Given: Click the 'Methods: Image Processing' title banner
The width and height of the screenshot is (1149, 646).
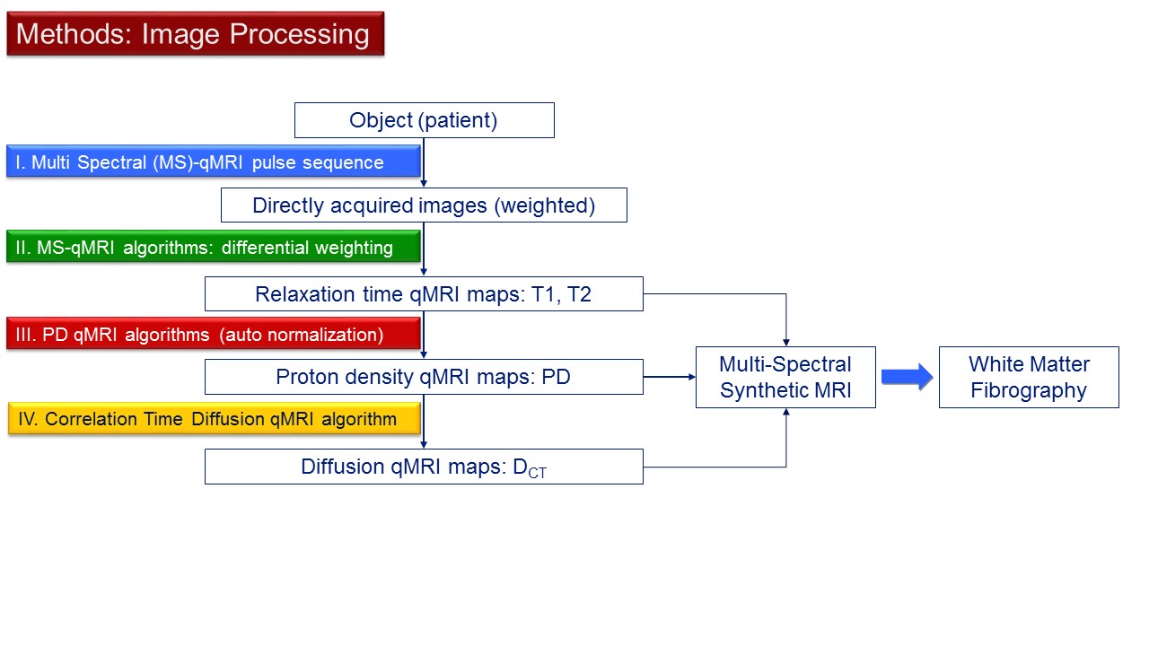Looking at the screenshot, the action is point(196,34).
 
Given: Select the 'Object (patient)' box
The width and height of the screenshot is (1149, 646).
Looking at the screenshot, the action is point(425,120).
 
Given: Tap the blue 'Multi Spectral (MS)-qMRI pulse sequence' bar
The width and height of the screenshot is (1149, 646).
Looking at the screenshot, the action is point(214,161).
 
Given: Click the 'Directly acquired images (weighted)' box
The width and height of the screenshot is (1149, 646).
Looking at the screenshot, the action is point(424,205).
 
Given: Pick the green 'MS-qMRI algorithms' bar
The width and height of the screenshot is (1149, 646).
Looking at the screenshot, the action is point(214,247).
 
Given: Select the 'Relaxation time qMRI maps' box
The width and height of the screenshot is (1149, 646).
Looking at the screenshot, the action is point(424,293).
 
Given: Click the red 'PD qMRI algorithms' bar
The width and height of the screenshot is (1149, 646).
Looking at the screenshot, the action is point(214,334).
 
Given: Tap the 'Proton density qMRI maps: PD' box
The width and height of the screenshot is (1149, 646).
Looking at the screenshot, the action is point(424,377).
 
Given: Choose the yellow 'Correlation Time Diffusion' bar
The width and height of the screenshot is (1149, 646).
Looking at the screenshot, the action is point(215,418).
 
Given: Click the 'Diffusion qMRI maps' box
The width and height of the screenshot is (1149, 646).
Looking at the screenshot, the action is point(424,467).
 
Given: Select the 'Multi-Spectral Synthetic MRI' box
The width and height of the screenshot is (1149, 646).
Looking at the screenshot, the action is point(785,378).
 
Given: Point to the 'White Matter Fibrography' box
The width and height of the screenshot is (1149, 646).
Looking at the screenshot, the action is point(1029,378).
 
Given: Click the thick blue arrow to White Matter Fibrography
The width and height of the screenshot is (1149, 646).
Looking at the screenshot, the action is point(907,377).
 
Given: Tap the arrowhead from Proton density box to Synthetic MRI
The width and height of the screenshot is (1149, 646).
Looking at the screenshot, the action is point(692,377).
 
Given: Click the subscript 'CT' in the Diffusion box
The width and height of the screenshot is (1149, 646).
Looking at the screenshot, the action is point(537,472).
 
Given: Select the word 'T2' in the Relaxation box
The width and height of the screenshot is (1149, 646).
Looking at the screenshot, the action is point(579,294).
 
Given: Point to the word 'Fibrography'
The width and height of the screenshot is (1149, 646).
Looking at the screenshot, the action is point(1029,390).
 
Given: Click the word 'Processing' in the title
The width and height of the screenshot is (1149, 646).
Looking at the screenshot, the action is point(299,34).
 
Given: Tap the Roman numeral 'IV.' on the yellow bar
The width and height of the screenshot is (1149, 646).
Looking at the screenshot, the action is point(28,419).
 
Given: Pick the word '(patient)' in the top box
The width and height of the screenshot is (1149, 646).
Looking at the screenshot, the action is point(458,120).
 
